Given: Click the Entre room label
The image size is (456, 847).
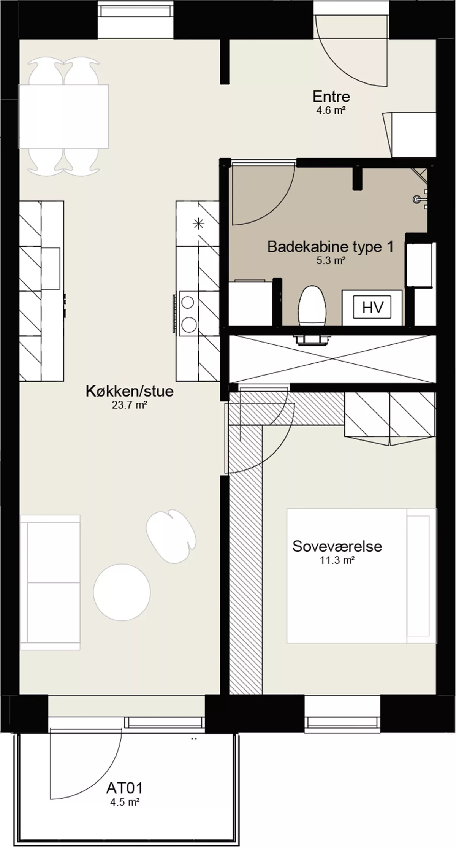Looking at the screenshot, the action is pyautogui.click(x=331, y=97).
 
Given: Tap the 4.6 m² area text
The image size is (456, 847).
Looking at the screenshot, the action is pyautogui.click(x=331, y=111).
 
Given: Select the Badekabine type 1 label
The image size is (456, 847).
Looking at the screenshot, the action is pyautogui.click(x=330, y=247).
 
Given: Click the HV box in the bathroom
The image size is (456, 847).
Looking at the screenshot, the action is pyautogui.click(x=372, y=307).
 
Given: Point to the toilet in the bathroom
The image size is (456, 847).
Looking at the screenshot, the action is pyautogui.click(x=312, y=306).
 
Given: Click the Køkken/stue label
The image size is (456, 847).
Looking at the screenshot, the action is pyautogui.click(x=130, y=391).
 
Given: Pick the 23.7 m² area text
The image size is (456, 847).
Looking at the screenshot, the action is pyautogui.click(x=129, y=405).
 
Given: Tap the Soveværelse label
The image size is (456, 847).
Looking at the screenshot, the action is pyautogui.click(x=337, y=546).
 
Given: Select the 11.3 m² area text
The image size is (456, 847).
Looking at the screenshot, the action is pyautogui.click(x=337, y=560).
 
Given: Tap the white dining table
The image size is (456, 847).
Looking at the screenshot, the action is pyautogui.click(x=63, y=116).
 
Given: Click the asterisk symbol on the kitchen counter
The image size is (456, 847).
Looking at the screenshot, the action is pyautogui.click(x=198, y=224).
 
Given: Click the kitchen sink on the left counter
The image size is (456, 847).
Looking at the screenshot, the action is pyautogui.click(x=51, y=268).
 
